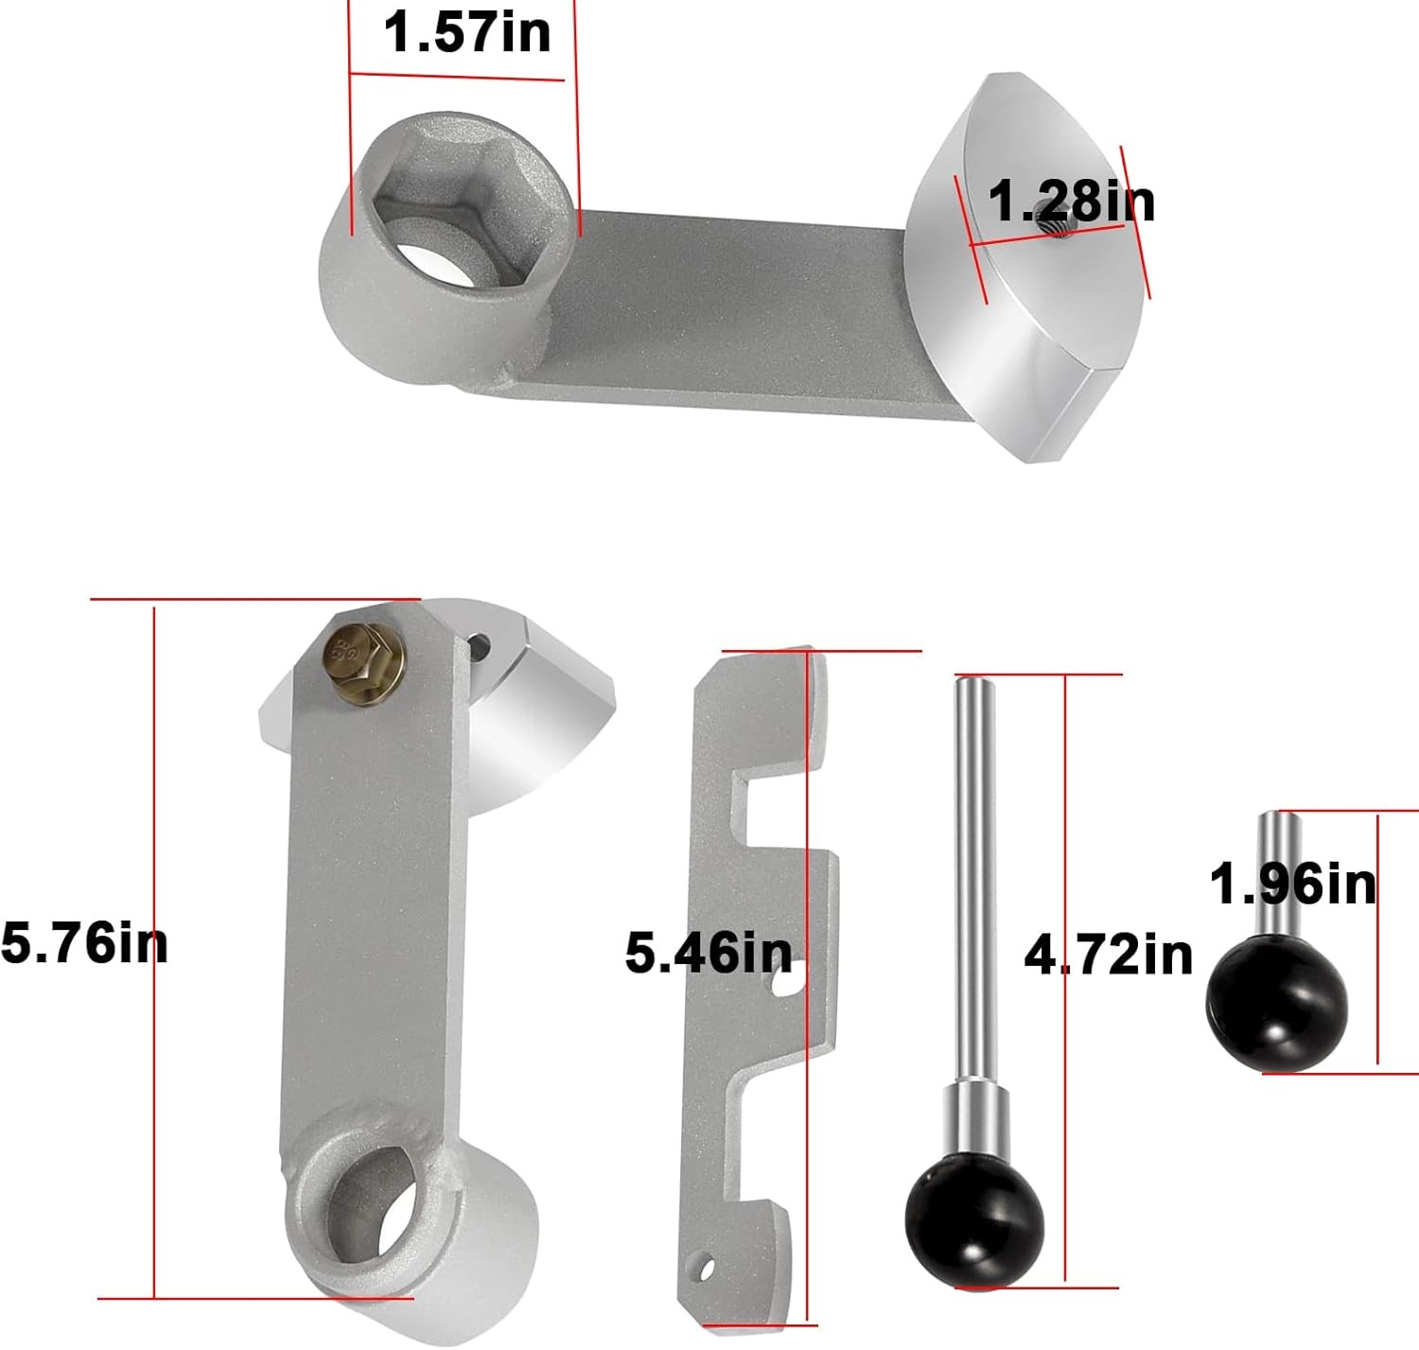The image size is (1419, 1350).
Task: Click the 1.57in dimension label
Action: coord(467,32)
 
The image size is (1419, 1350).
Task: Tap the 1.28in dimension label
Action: coord(1071,202)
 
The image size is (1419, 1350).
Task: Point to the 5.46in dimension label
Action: coord(709,954)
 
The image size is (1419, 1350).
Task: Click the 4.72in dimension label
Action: coord(1109,956)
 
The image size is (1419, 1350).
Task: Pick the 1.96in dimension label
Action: coord(1293,885)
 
